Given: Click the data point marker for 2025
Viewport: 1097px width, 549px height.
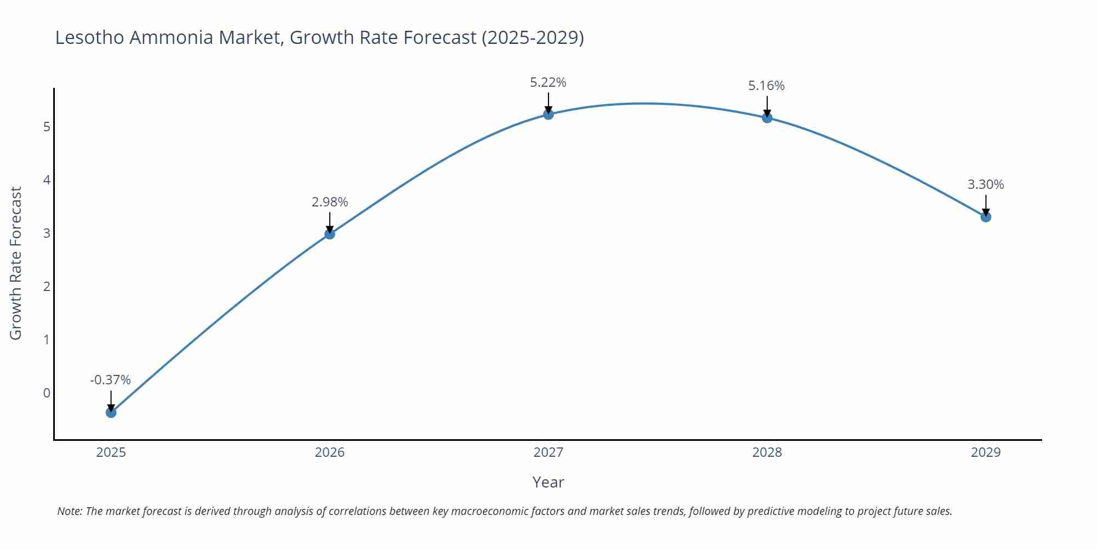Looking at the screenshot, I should pyautogui.click(x=111, y=412).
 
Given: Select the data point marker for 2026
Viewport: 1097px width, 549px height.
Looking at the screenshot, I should pyautogui.click(x=330, y=234).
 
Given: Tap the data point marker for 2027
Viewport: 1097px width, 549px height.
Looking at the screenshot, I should pyautogui.click(x=548, y=114).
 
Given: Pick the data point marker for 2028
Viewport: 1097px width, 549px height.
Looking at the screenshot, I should pyautogui.click(x=767, y=117).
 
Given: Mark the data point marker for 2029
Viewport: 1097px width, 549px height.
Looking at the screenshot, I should pyautogui.click(x=986, y=217).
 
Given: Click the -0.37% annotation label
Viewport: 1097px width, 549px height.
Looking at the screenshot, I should pyautogui.click(x=110, y=380).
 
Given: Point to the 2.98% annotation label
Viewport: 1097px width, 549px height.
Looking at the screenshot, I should pyautogui.click(x=330, y=202).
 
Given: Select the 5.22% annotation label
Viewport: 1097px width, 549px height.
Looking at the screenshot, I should pyautogui.click(x=548, y=82).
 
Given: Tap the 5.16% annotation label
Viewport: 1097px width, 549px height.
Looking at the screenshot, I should pyautogui.click(x=766, y=86).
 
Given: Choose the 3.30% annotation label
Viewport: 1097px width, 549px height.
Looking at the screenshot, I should pyautogui.click(x=986, y=184).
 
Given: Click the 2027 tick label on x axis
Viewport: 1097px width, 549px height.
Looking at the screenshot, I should pyautogui.click(x=548, y=452).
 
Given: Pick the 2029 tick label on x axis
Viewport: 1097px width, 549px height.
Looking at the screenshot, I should pyautogui.click(x=986, y=452).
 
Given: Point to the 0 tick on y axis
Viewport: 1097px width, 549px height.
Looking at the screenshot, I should pyautogui.click(x=47, y=393).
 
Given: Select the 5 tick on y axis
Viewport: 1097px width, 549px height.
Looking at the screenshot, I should pyautogui.click(x=47, y=127).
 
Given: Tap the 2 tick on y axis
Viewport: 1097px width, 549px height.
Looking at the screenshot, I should pyautogui.click(x=47, y=287).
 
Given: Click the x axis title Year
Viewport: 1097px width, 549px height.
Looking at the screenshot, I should pyautogui.click(x=548, y=482).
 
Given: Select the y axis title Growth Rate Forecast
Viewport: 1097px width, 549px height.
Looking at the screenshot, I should pyautogui.click(x=16, y=263).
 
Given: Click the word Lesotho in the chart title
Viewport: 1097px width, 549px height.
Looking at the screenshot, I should pyautogui.click(x=90, y=37).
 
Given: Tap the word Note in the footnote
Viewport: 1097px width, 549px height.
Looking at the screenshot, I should pyautogui.click(x=69, y=511).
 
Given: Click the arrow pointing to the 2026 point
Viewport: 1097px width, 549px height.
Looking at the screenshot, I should pyautogui.click(x=330, y=222).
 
